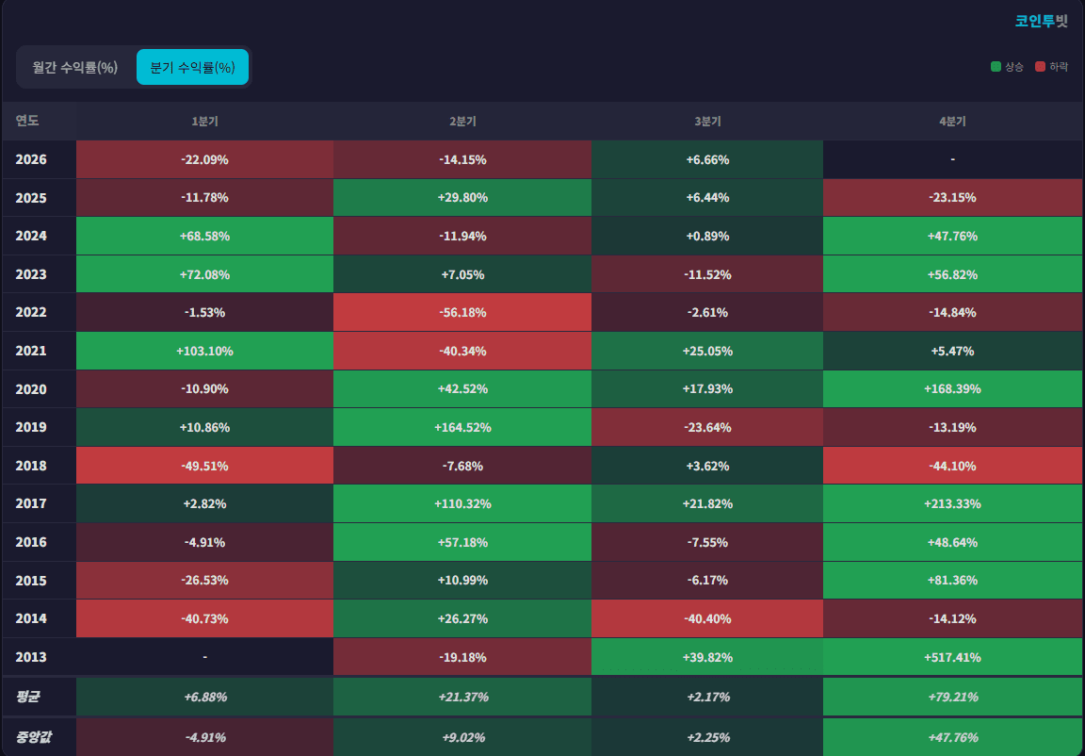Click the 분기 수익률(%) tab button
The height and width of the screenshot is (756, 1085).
click(192, 67)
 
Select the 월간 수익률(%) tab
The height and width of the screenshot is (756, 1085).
click(74, 67)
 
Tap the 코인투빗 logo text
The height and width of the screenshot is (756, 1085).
click(1042, 21)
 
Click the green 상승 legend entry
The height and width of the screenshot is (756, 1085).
click(1008, 67)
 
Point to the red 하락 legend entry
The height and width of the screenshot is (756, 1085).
click(1052, 67)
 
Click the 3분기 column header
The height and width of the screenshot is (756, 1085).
click(707, 122)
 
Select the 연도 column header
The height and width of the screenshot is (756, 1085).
click(27, 121)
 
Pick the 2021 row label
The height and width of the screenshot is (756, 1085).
click(31, 351)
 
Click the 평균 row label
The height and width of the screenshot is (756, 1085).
click(27, 696)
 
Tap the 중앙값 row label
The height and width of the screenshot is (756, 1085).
click(33, 736)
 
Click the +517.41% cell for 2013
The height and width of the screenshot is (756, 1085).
click(952, 657)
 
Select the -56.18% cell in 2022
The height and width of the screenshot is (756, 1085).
click(462, 312)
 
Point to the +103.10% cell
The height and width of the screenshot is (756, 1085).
click(204, 351)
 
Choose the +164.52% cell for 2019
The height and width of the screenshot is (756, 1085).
click(462, 427)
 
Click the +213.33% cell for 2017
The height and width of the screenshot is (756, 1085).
click(952, 503)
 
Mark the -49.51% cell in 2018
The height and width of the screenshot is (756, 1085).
click(204, 466)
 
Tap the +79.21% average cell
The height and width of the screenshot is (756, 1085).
click(952, 697)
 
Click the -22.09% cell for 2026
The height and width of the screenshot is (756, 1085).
click(204, 160)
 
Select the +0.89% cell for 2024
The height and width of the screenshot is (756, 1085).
click(707, 236)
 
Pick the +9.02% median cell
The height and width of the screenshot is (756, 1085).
click(462, 737)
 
